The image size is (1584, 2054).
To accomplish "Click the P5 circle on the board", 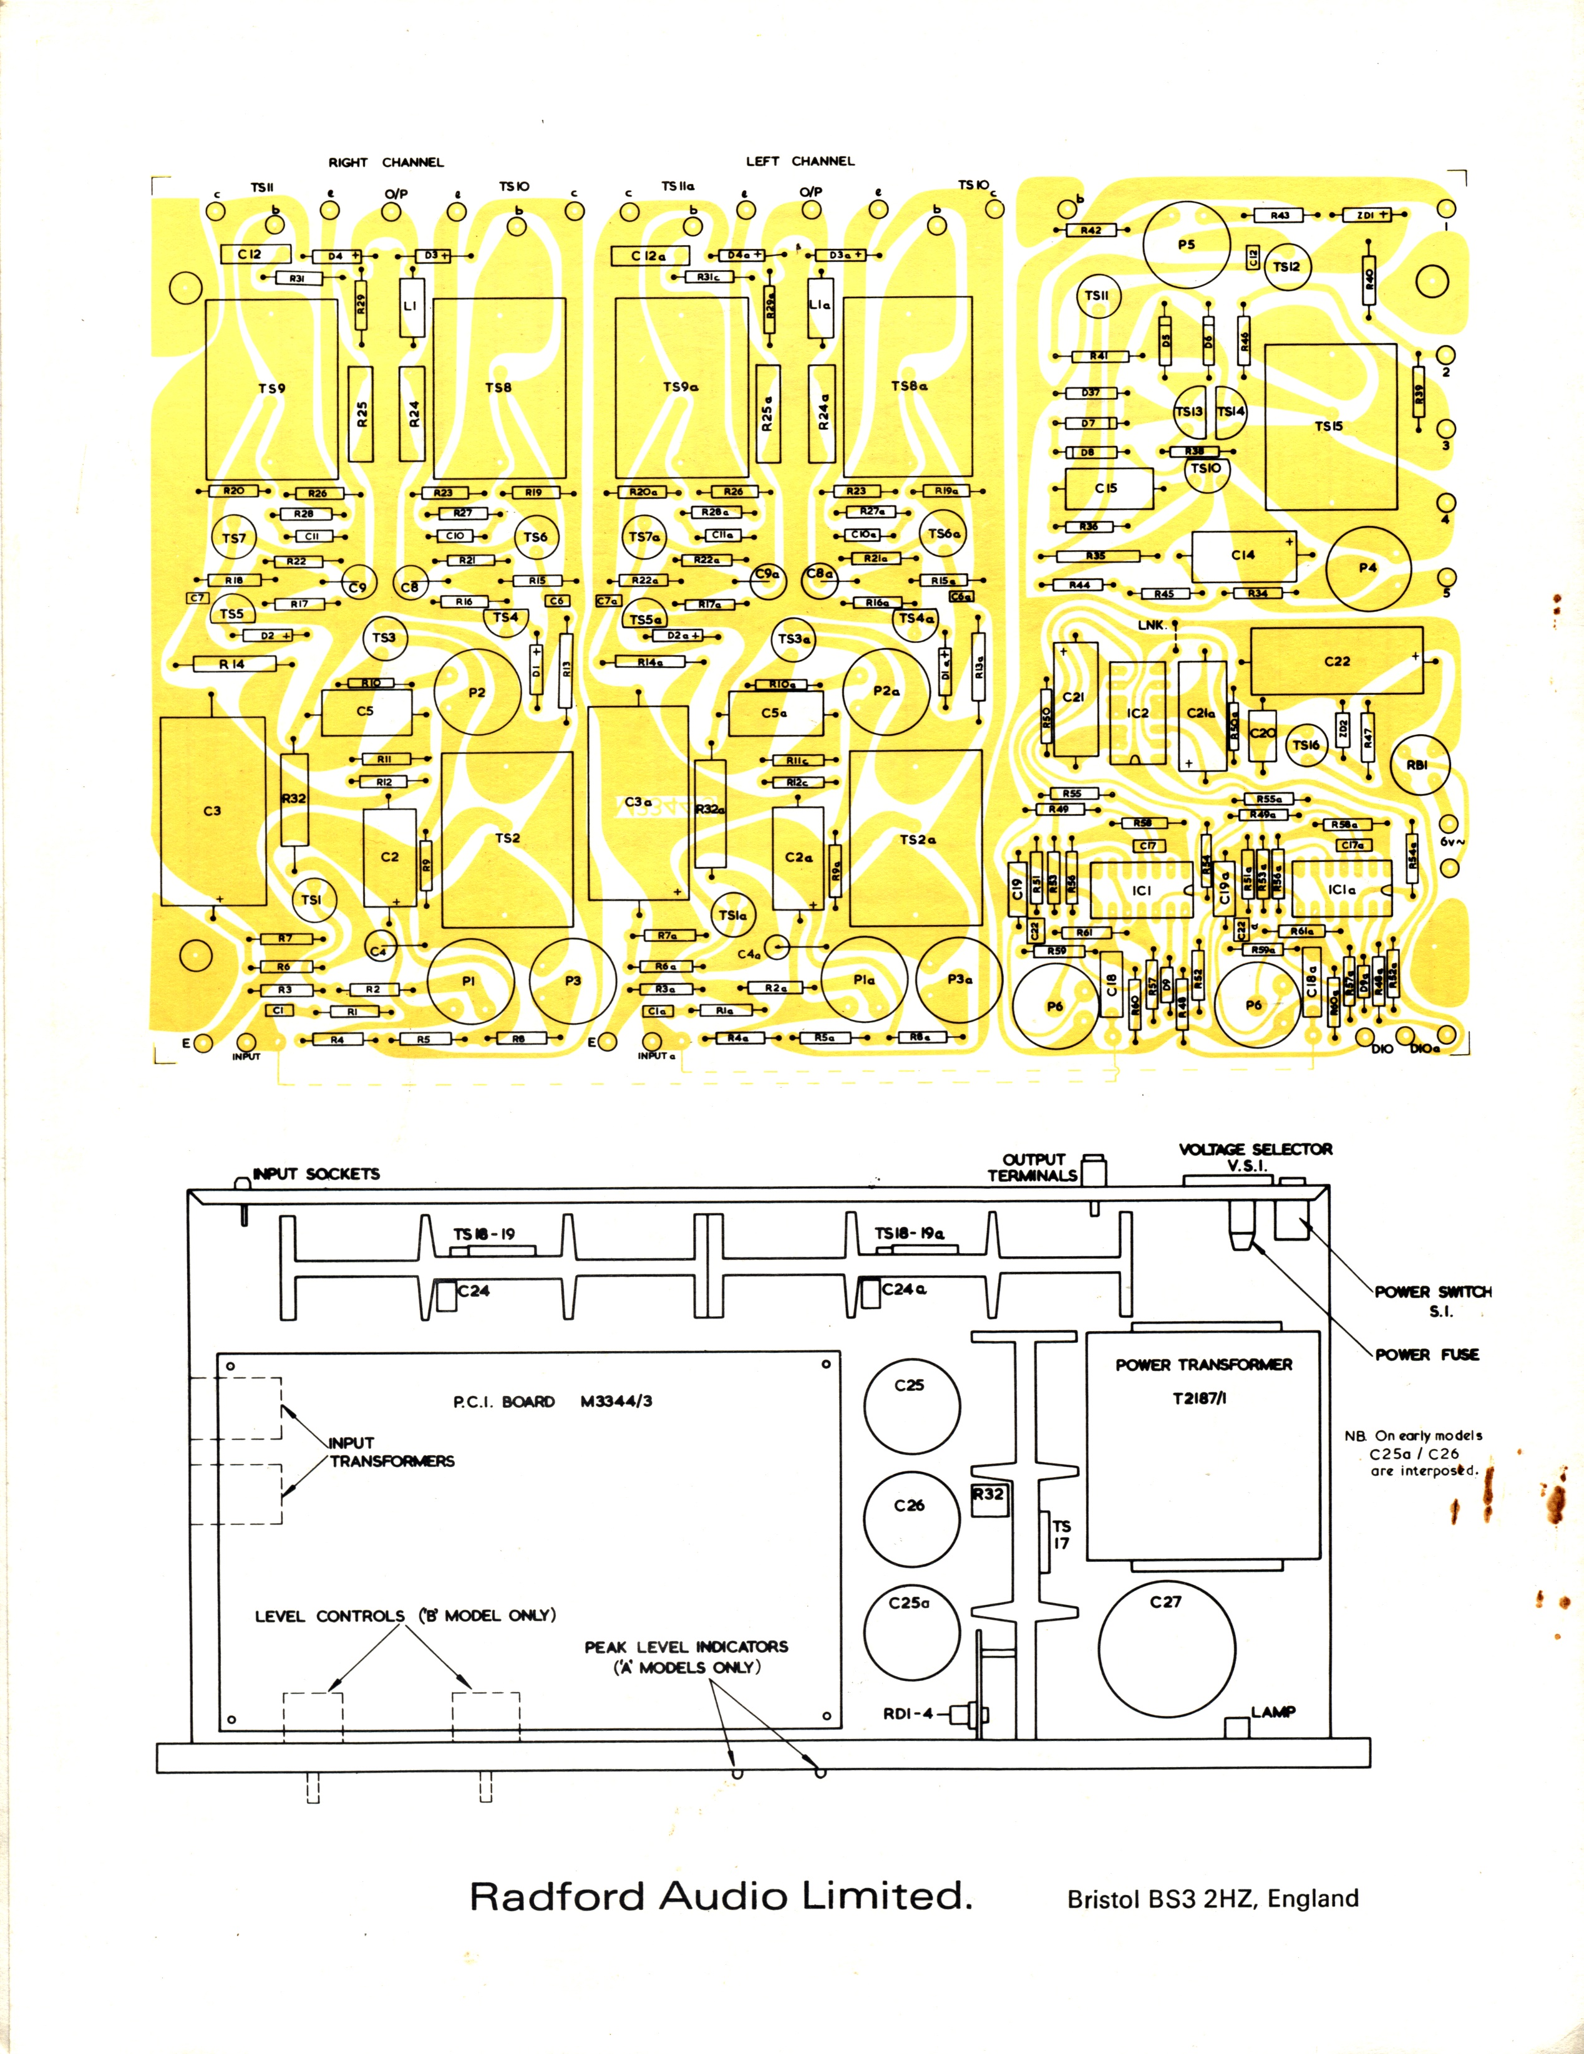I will (1186, 245).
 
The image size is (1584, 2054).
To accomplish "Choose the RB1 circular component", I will (1417, 765).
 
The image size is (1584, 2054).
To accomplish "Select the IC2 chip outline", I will (1137, 713).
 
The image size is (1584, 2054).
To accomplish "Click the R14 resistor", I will (232, 664).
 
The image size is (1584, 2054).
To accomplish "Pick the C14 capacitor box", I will (1243, 556).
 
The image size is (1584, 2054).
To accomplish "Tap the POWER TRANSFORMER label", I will (1204, 1365).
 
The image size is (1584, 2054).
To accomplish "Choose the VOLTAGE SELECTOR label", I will (1256, 1150).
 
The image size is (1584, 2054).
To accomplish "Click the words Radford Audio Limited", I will (719, 1896).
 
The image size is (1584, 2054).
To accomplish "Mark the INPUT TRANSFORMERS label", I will (391, 1452).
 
